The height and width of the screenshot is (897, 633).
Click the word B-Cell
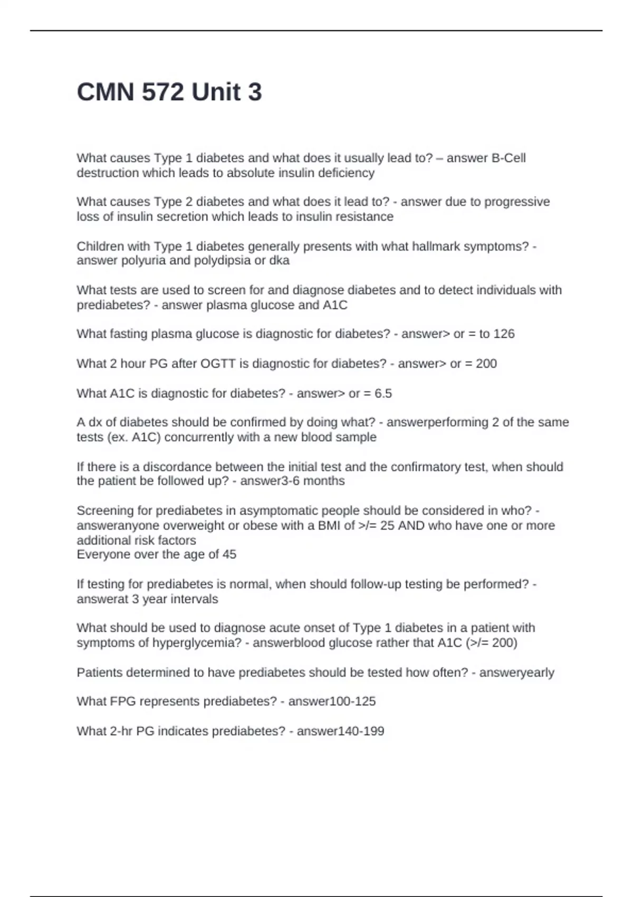point(509,158)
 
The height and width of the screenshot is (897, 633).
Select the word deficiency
point(346,173)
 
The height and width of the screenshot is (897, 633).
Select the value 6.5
point(383,394)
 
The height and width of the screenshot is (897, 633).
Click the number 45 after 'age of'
point(229,555)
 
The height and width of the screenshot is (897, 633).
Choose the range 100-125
point(352,702)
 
